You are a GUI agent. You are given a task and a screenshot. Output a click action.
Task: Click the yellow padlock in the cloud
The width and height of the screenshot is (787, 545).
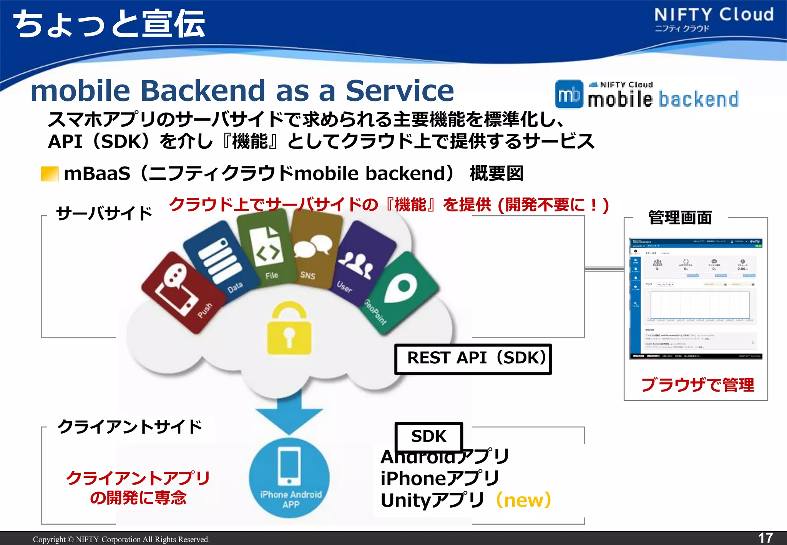click(x=289, y=329)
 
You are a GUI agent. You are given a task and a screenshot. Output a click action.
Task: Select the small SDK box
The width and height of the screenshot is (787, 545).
click(x=428, y=437)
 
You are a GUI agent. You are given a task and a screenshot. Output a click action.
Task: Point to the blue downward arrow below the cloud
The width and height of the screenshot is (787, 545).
click(x=289, y=413)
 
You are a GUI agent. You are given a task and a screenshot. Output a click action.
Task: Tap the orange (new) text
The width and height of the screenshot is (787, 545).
click(x=524, y=500)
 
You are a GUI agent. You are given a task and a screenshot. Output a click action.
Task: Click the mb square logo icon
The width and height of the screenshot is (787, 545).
click(x=569, y=95)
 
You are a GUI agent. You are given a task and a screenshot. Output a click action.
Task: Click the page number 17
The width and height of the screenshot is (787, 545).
click(x=765, y=538)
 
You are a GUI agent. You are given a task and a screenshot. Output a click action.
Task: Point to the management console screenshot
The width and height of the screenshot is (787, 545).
click(x=696, y=299)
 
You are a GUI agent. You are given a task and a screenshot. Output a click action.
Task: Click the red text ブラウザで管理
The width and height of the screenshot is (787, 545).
click(x=697, y=385)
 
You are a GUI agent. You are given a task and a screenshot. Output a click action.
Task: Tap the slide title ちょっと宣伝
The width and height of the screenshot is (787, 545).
click(x=110, y=24)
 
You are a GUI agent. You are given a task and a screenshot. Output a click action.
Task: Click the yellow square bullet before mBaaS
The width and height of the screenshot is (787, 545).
click(x=50, y=174)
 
